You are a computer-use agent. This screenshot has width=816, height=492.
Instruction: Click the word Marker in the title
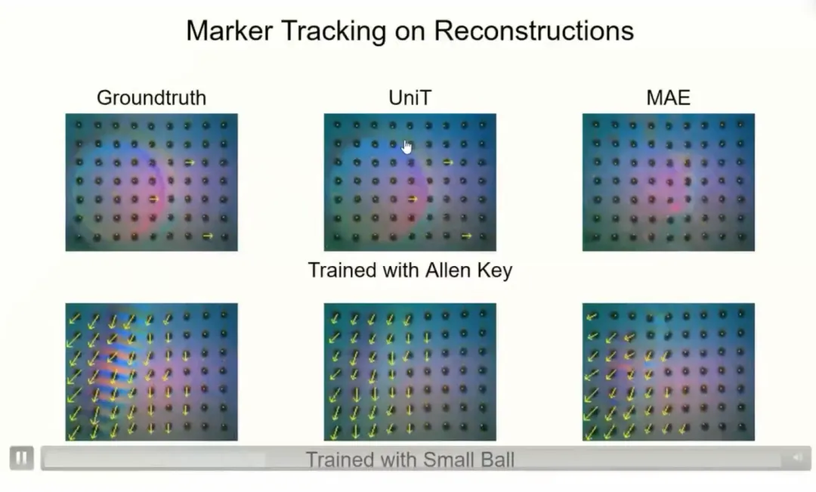click(230, 30)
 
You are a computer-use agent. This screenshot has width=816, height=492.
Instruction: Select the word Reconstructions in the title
click(534, 30)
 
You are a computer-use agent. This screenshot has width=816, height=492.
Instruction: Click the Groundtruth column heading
click(151, 97)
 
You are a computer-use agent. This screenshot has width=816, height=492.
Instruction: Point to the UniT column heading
click(410, 97)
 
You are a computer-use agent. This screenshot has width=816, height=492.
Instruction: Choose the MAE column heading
click(668, 97)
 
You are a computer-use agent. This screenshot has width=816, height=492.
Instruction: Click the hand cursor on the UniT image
click(407, 147)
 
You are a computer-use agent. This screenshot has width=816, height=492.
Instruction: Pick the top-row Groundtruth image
click(151, 182)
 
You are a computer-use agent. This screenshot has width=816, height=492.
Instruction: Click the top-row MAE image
click(668, 182)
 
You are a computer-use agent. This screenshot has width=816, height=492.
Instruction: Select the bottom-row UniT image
click(410, 372)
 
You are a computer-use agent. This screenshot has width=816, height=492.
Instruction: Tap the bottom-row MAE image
click(668, 372)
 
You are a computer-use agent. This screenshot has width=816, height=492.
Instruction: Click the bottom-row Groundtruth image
click(151, 372)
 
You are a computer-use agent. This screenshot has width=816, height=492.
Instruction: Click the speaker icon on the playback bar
click(797, 458)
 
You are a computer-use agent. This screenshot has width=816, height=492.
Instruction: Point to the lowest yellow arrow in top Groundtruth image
click(208, 236)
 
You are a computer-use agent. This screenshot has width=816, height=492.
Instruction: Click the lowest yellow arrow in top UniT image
click(466, 236)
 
